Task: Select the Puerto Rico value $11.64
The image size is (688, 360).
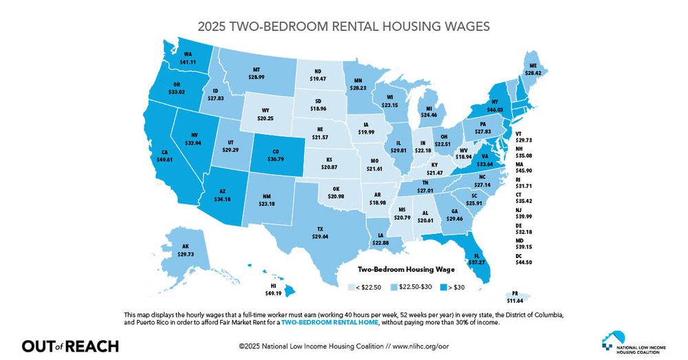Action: (515, 300)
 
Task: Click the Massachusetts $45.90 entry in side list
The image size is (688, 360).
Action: (524, 169)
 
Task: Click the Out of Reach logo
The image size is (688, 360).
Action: (70, 346)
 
